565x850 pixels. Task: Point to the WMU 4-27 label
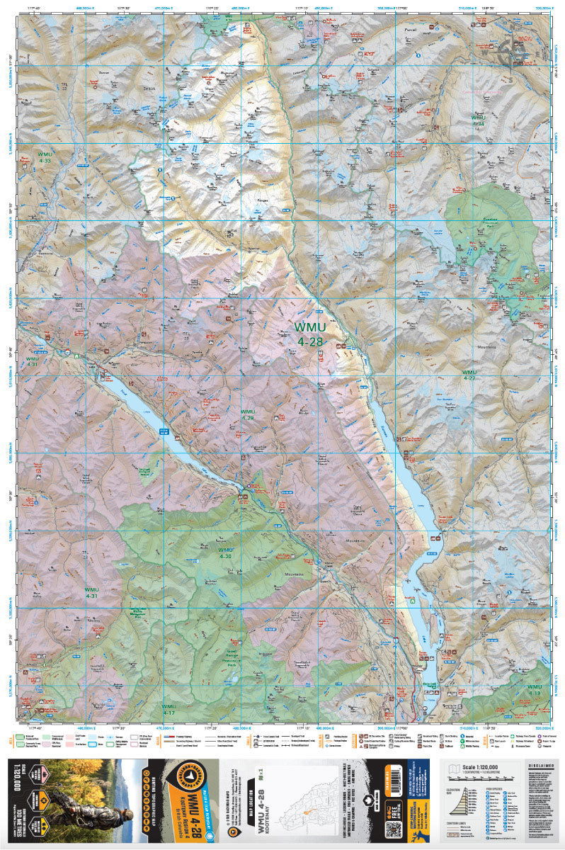[x=469, y=375]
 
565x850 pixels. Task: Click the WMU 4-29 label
[x=247, y=415]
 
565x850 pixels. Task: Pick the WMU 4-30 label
[x=225, y=553]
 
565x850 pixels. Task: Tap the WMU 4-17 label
[x=169, y=709]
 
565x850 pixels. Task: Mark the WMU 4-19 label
[x=534, y=690]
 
